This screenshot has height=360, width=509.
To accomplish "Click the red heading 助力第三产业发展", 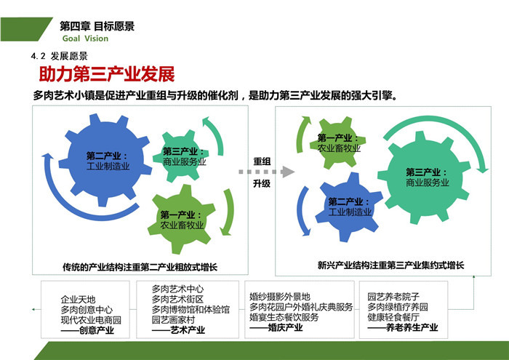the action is pos(107,74).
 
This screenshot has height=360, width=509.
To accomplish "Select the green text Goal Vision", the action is pos(85,39).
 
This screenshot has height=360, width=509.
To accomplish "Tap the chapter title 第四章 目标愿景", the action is pos(97,26).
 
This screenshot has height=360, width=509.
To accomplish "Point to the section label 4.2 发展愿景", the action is pos(60,56).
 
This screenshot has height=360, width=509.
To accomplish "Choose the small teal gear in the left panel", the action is pos(180,156).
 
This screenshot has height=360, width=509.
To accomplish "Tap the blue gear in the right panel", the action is pos(349,207).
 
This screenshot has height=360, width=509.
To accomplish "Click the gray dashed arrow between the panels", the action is pos(266,172).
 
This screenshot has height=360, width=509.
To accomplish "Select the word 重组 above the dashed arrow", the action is pos(262,161).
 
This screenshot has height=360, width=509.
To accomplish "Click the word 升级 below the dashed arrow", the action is pos(262,184).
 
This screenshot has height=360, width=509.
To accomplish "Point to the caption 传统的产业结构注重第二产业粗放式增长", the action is pos(140,267).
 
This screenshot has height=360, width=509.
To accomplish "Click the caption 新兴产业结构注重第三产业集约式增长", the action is pos(391,265).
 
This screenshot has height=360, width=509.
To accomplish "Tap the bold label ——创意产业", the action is pos(87,330).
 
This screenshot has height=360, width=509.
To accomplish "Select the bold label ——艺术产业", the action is pos(178,330).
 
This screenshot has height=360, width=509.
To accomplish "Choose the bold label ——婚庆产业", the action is pos(276,327).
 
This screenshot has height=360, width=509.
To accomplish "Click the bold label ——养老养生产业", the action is pos(403,327).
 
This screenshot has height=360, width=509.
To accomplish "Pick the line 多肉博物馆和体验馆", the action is pos(191,309).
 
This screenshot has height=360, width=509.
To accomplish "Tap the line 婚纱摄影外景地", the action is pos(280,297).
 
